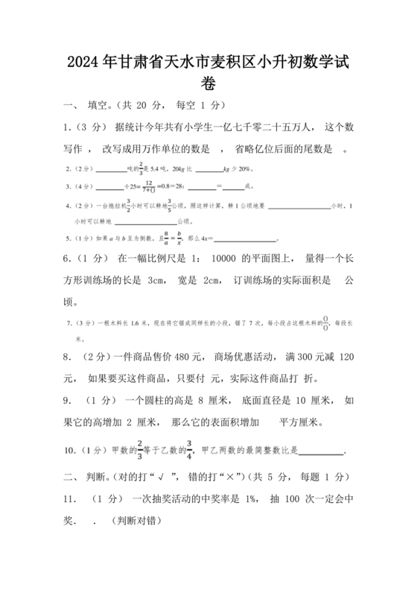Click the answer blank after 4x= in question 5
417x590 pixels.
[x=246, y=240]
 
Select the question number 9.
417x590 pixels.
[x=68, y=400]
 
